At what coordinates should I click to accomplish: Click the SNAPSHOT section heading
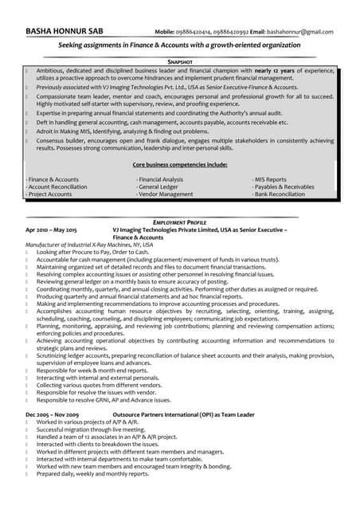[x=180, y=61]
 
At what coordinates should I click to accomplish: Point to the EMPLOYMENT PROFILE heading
[x=180, y=222]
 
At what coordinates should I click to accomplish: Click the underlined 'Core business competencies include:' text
[x=180, y=164]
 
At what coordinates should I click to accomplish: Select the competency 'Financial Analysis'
[x=161, y=180]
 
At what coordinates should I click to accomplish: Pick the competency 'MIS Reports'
[x=271, y=180]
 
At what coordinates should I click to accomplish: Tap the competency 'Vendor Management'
[x=165, y=194]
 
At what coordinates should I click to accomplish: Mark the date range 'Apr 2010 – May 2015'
[x=55, y=229]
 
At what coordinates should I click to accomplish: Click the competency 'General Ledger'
[x=159, y=187]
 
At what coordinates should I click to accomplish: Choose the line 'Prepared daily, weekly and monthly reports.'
[x=92, y=473]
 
